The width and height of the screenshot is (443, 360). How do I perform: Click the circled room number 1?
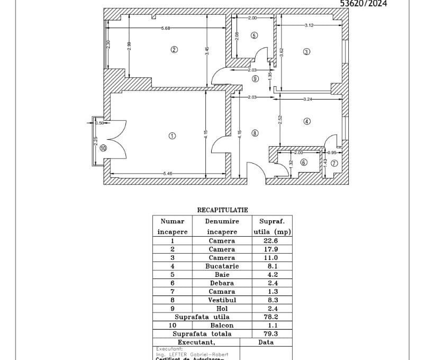(171, 136)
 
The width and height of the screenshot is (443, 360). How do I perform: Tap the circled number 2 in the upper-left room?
(174, 50)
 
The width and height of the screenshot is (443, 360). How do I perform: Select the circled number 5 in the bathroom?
(254, 35)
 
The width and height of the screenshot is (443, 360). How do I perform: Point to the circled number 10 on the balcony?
(103, 149)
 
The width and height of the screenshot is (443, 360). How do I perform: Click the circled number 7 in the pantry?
(334, 163)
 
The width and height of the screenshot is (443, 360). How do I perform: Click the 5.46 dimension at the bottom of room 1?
(168, 174)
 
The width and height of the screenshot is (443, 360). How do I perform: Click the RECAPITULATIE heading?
(222, 210)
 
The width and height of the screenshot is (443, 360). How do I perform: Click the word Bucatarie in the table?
(222, 266)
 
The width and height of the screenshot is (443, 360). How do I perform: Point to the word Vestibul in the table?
(222, 300)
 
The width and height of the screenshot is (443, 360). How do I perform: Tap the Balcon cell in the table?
(222, 326)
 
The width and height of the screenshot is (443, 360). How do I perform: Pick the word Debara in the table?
(222, 283)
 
